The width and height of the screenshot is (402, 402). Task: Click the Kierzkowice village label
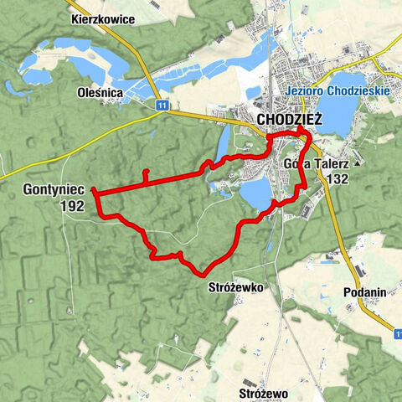point(104,18)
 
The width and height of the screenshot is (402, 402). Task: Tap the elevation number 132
point(338,178)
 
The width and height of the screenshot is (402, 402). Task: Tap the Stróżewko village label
point(234,286)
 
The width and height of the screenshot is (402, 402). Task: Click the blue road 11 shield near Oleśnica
point(160,105)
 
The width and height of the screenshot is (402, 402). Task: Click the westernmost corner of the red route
point(95,192)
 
